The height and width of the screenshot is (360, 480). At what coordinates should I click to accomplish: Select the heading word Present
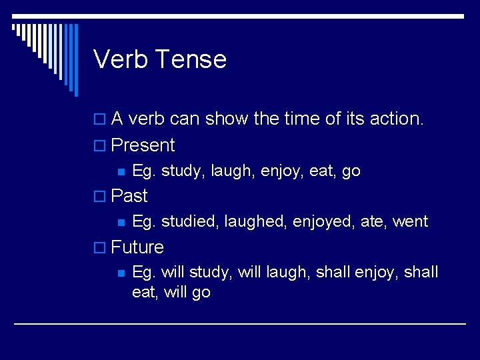pyautogui.click(x=143, y=145)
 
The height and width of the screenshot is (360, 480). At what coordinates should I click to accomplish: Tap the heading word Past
pyautogui.click(x=129, y=196)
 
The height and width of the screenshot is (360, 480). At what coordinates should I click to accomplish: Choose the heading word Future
pyautogui.click(x=137, y=247)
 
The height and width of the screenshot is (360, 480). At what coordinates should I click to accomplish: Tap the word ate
pyautogui.click(x=372, y=221)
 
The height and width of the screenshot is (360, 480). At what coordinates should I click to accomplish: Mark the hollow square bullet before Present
pyautogui.click(x=101, y=146)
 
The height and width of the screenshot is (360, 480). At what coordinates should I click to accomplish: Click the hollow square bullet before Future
pyautogui.click(x=101, y=248)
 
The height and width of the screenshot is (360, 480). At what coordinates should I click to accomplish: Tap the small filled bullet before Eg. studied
pyautogui.click(x=121, y=222)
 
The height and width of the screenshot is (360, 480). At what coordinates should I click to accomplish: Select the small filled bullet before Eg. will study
pyautogui.click(x=121, y=273)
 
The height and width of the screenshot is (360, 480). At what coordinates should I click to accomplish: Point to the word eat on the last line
pyautogui.click(x=143, y=292)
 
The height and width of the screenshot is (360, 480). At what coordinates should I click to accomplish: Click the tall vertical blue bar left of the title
pyautogui.click(x=75, y=60)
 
